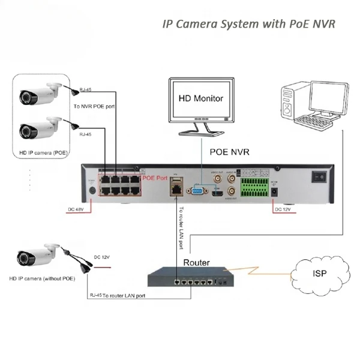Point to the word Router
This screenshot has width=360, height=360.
[196, 262]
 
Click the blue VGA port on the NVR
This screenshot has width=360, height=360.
[196, 191]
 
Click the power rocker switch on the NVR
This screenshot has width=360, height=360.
[320, 177]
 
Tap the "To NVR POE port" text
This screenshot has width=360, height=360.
[95, 106]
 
